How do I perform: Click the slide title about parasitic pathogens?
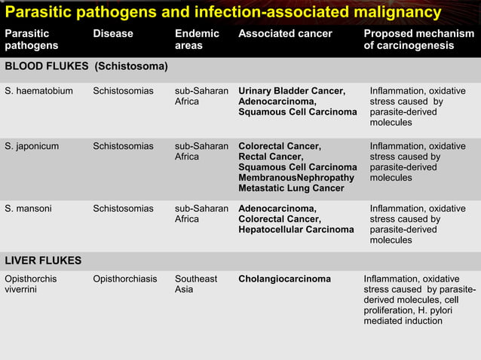[x=223, y=13]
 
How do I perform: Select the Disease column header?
[x=112, y=33]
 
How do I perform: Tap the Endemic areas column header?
[x=197, y=39]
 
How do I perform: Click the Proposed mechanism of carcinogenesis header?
[x=418, y=39]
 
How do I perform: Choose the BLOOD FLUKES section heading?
[x=86, y=66]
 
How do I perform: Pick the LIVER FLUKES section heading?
[x=43, y=261]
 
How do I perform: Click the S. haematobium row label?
[x=38, y=91]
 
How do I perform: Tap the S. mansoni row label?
[x=29, y=209]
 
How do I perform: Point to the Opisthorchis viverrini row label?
[x=30, y=284]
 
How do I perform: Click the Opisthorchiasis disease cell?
[x=125, y=279]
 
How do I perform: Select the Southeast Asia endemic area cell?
[x=196, y=284]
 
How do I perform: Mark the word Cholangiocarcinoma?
[x=284, y=279]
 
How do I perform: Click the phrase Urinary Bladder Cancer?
[x=292, y=91]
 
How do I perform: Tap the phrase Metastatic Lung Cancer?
[x=291, y=188]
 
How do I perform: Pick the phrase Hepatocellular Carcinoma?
[x=296, y=230]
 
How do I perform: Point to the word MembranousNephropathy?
[x=296, y=178]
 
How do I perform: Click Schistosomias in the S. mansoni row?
[x=123, y=209]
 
